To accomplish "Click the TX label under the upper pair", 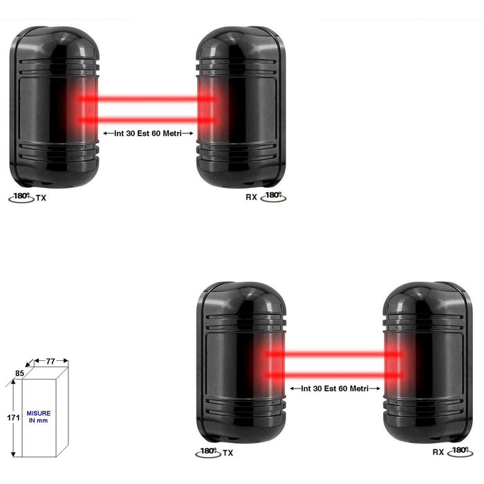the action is [x=41, y=198].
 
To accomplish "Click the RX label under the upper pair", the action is [x=251, y=197].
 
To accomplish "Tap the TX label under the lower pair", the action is [x=227, y=453].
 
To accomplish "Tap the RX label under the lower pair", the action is [x=438, y=452].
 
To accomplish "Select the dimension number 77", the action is [x=50, y=361].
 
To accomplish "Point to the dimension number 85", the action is [x=19, y=373].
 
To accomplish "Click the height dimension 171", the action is [x=13, y=418].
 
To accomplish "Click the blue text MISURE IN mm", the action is [x=38, y=417].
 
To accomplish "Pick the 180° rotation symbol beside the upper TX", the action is [x=21, y=197].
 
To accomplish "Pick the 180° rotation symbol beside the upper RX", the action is [x=273, y=196].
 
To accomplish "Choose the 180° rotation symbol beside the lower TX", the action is [x=208, y=452].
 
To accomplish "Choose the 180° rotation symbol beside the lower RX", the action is [x=460, y=452].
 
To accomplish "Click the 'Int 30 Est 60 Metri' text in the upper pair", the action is [x=148, y=133].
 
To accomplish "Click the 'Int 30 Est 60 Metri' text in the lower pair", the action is [x=335, y=389].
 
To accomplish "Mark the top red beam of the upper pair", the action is [x=147, y=99].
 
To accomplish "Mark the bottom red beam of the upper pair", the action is [x=147, y=120].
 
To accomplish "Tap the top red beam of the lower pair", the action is [x=334, y=354].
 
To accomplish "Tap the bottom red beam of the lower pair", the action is [x=334, y=375].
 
